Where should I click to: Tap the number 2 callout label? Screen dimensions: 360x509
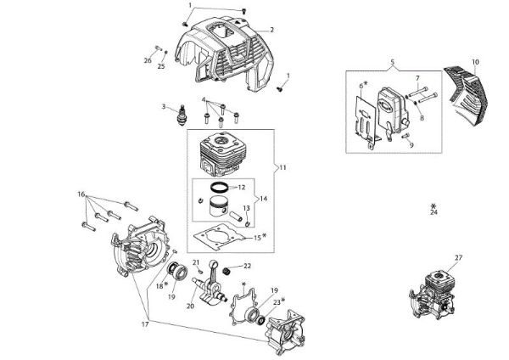click(272, 30)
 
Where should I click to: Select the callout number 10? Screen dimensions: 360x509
click(475, 62)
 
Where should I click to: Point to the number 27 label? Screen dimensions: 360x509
click(459, 258)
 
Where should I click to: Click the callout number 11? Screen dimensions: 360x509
click(282, 168)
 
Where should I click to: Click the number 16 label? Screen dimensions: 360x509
click(81, 194)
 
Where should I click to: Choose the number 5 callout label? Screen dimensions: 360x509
click(393, 62)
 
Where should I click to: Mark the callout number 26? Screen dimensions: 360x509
click(148, 60)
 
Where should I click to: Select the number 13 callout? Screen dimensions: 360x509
click(245, 207)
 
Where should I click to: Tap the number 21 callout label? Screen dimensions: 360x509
click(194, 262)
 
